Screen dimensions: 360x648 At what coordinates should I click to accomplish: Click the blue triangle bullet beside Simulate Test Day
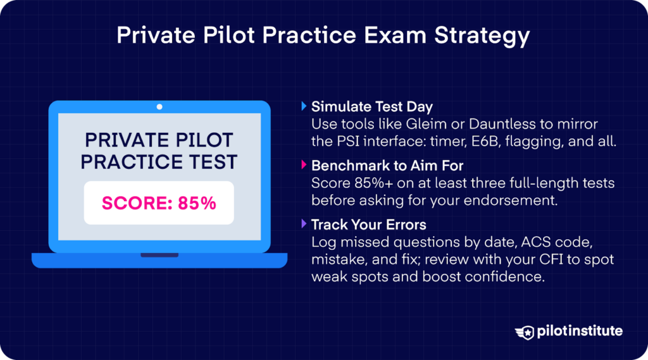pyautogui.click(x=304, y=107)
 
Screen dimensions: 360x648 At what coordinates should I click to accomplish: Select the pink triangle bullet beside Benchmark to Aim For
pyautogui.click(x=304, y=166)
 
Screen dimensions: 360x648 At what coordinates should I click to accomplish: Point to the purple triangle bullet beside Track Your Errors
pyautogui.click(x=304, y=225)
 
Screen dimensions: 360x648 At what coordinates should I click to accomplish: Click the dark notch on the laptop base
pyautogui.click(x=159, y=256)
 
